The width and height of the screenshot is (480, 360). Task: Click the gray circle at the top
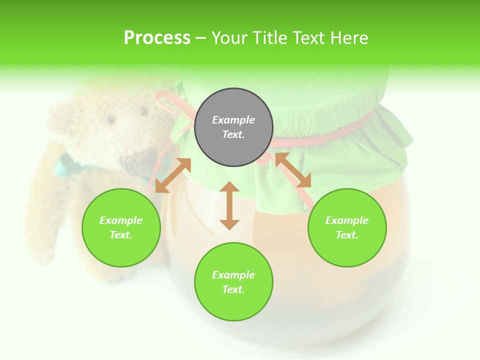coord(233,127)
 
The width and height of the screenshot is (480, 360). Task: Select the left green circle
coord(121,227)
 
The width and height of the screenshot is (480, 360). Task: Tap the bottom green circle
coord(233,282)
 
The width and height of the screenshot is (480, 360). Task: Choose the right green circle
coord(346,227)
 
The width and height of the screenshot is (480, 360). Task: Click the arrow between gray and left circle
coord(173,175)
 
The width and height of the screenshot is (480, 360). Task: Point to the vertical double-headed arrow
coord(229,205)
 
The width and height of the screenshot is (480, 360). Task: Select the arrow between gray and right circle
coord(293,170)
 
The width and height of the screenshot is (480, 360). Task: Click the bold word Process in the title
coord(157,38)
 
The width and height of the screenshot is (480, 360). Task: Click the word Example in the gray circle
coord(233,120)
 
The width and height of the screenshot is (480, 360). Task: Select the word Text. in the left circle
coord(121,235)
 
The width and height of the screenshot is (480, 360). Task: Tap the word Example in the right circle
coord(346,220)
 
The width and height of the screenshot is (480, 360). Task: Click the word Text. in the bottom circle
coord(233,289)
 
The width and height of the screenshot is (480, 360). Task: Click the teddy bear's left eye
coord(110,120)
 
